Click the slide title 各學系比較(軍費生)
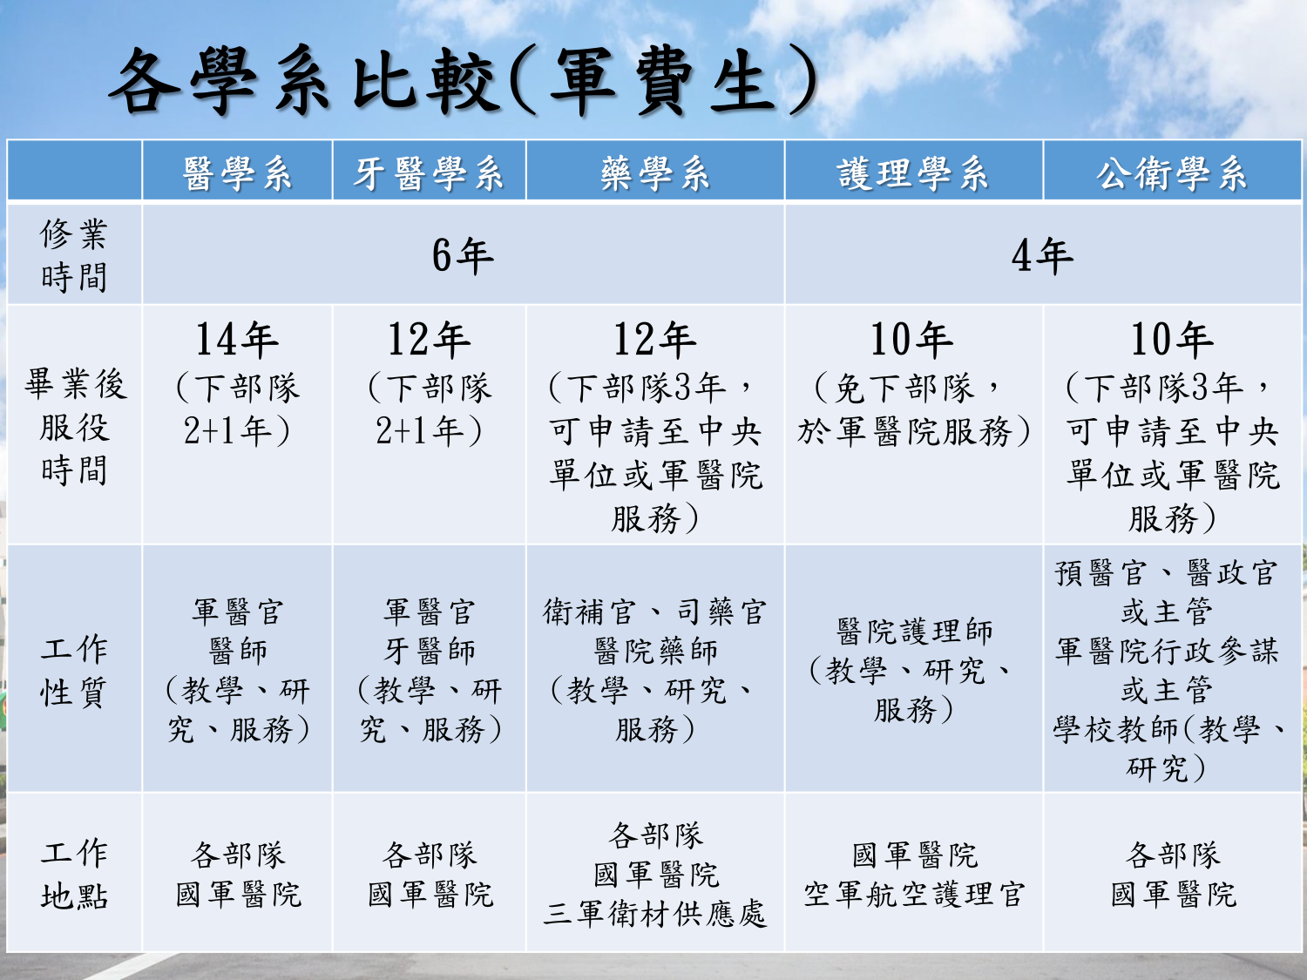464,80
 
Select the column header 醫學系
237,173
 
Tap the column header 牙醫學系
429,173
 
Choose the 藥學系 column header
655,173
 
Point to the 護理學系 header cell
913,173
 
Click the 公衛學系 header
1172,173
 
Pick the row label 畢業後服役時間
74,427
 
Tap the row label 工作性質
74,671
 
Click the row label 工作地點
74,875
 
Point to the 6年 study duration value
464,256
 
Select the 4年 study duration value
1043,256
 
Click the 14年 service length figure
237,340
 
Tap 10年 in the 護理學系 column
912,340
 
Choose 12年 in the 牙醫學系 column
429,340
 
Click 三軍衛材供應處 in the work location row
655,913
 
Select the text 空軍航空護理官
914,895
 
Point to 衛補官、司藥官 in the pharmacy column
655,612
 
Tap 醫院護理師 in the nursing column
914,632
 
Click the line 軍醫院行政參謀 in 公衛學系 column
1167,651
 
